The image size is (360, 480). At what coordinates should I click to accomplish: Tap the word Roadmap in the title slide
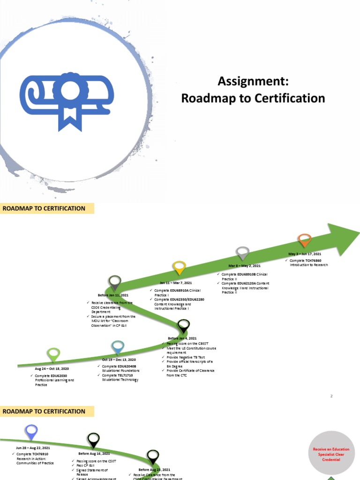pyautogui.click(x=204, y=98)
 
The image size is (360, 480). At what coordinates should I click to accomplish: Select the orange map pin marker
pyautogui.click(x=305, y=240)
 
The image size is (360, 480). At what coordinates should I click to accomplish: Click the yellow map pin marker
pyautogui.click(x=179, y=268)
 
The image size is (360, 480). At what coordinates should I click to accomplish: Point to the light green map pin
pyautogui.click(x=54, y=354)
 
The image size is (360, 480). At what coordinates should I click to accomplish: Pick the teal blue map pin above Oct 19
pyautogui.click(x=118, y=347)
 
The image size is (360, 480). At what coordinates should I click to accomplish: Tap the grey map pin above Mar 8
pyautogui.click(x=242, y=253)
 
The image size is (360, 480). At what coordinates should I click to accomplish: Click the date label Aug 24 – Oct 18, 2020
pyautogui.click(x=52, y=369)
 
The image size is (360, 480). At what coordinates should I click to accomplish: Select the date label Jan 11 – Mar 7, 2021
pyautogui.click(x=176, y=283)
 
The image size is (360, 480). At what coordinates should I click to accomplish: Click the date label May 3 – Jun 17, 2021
pyautogui.click(x=305, y=254)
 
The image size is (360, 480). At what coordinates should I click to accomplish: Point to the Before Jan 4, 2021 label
pyautogui.click(x=182, y=338)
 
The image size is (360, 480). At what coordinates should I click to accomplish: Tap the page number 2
pyautogui.click(x=331, y=397)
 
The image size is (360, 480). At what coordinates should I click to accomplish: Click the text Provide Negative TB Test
pyautogui.click(x=186, y=357)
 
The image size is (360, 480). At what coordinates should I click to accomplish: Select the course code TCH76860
pyautogui.click(x=311, y=260)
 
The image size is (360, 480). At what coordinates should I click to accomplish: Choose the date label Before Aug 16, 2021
pyautogui.click(x=94, y=454)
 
